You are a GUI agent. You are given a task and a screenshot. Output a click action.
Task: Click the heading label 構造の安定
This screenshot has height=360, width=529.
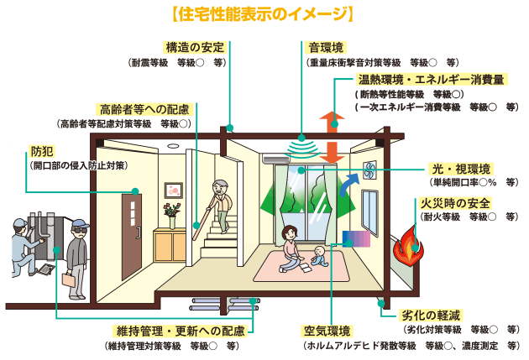195,48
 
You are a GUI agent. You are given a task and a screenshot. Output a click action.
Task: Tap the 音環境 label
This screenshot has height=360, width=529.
326,48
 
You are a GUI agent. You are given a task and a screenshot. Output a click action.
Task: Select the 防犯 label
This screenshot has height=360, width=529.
42,152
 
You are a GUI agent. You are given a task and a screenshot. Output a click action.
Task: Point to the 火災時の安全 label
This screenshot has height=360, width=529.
455,203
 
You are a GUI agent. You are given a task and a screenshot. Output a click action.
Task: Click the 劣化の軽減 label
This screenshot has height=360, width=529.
431,316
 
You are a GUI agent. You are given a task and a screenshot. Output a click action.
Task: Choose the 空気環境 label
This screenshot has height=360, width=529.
327,331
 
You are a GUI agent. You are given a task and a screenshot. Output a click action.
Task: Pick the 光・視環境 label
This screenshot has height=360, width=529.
461,169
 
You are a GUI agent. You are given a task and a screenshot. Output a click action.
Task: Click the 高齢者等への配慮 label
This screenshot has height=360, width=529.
144,109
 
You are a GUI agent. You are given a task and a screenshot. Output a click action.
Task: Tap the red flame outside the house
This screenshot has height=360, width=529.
408,245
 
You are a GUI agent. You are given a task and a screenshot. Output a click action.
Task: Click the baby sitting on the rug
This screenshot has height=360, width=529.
319,257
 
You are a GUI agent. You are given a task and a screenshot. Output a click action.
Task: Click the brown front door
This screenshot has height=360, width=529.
132,235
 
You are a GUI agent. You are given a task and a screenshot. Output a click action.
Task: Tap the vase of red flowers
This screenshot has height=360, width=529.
172,216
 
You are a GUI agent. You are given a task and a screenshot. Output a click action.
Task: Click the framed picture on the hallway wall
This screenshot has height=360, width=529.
174,190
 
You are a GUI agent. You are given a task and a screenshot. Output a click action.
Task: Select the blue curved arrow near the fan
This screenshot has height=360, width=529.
348,184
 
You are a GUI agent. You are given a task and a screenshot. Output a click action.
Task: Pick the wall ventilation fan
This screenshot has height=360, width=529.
369,170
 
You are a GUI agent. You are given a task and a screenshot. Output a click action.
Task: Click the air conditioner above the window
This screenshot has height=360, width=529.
275,159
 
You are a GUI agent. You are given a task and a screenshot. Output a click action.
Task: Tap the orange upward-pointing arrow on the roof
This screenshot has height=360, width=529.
332,122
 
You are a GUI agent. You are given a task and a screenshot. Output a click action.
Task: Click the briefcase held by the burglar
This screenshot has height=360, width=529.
69,280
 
